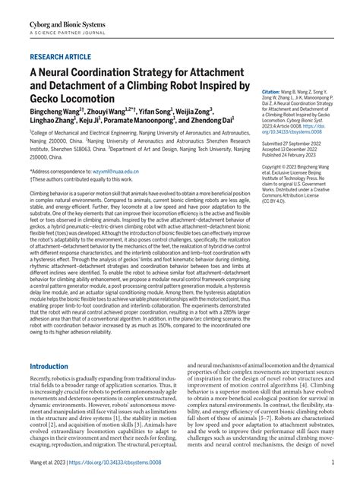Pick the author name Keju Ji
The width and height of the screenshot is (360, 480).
(91, 120)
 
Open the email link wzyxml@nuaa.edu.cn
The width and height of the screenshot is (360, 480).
(114, 172)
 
